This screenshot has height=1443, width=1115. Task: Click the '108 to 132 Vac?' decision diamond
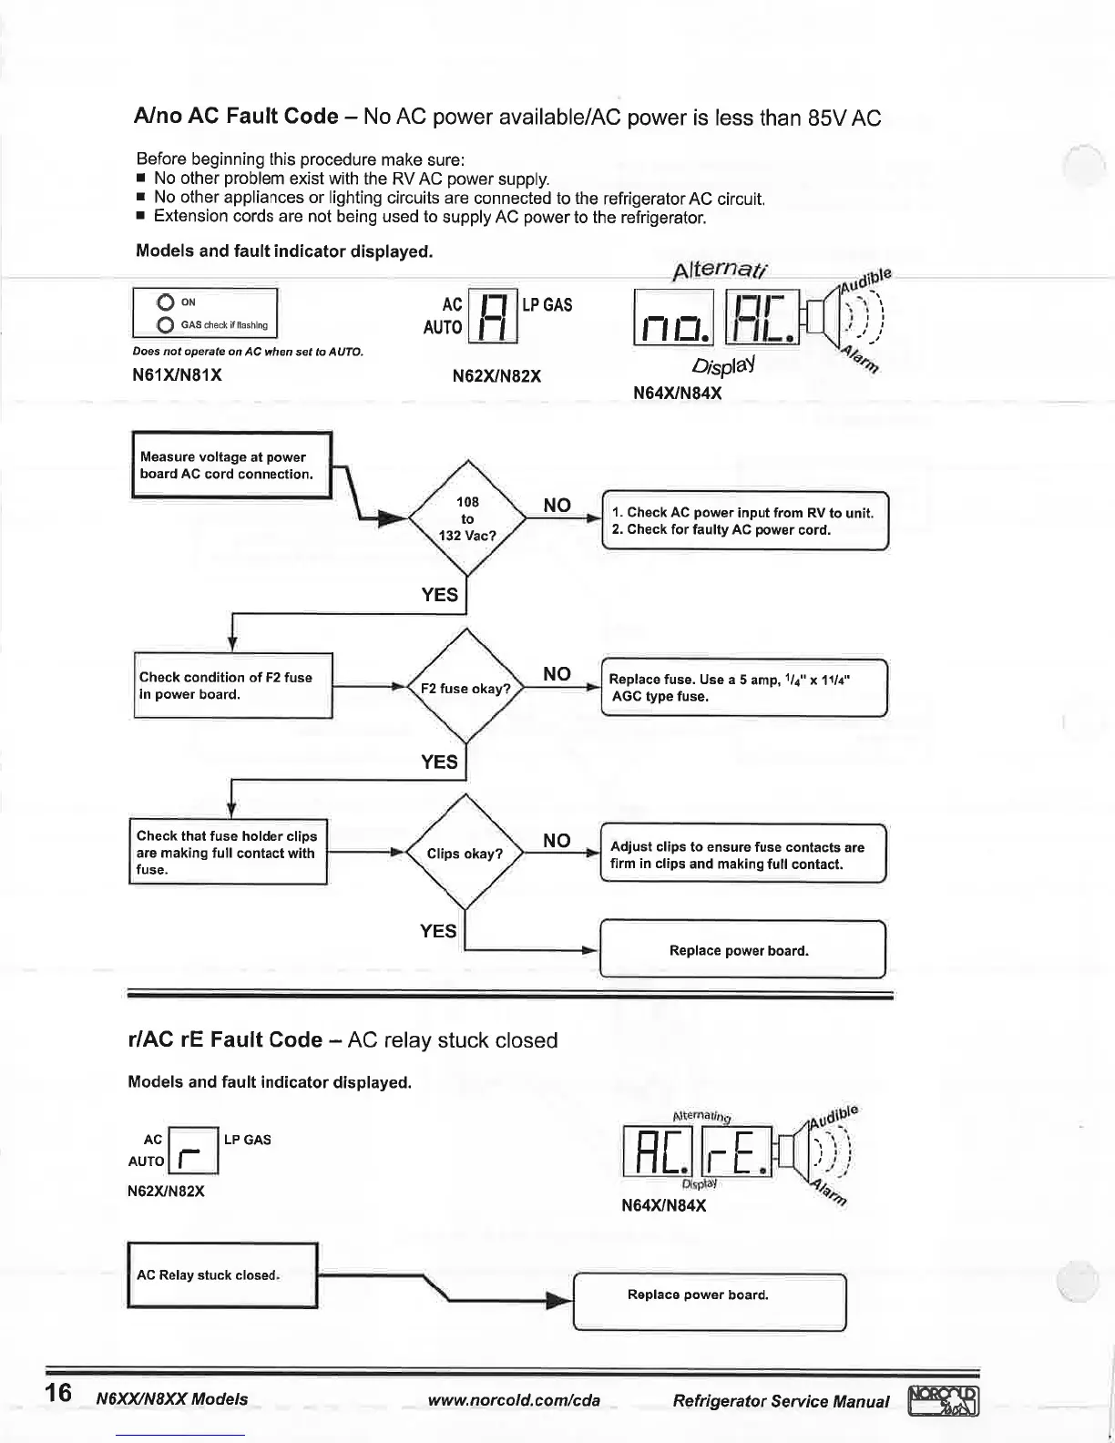[x=467, y=518]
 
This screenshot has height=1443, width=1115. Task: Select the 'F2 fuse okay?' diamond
[x=465, y=688]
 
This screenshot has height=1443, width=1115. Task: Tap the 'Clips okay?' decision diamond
[x=465, y=853]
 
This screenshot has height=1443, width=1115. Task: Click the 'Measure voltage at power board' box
[x=231, y=466]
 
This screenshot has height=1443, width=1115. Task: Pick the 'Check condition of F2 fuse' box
[x=233, y=686]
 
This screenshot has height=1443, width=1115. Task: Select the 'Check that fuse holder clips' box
[x=228, y=852]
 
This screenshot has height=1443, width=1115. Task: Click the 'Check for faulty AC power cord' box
[x=744, y=521]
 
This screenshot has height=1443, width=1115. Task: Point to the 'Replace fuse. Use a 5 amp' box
[x=743, y=688]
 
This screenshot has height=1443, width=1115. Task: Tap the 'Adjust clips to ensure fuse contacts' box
[x=742, y=855]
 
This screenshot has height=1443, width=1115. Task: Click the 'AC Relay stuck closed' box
[x=222, y=1274]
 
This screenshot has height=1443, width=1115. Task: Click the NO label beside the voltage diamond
[x=557, y=506]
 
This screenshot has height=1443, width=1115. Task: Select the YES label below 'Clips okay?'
[x=438, y=930]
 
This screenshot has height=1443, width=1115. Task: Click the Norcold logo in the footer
[x=944, y=1401]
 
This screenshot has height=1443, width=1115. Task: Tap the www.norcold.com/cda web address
[x=514, y=1400]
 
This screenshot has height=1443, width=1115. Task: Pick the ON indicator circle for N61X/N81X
[x=166, y=302]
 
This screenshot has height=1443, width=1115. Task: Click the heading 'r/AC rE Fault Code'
[x=226, y=1040]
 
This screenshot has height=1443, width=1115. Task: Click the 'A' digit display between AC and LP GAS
[x=492, y=316]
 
